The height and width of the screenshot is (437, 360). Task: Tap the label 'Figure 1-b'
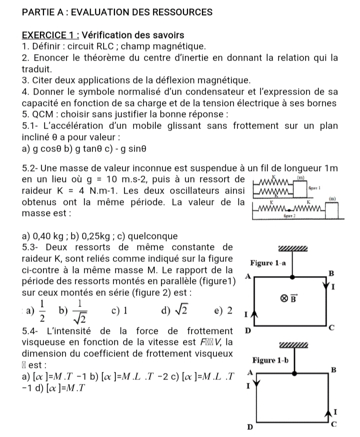click(x=273, y=360)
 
